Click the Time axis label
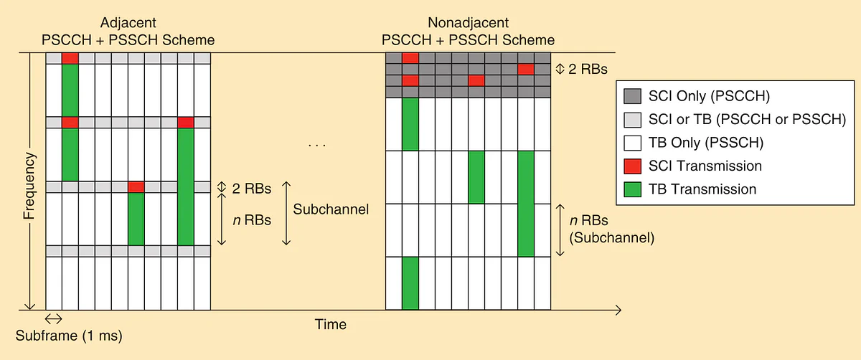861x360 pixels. click(x=331, y=324)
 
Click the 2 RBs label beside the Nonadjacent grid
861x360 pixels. click(x=588, y=70)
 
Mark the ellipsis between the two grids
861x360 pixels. click(x=316, y=146)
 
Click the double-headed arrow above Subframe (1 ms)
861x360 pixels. click(x=54, y=318)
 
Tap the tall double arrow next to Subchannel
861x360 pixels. click(x=286, y=213)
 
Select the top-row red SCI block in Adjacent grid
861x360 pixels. click(x=70, y=58)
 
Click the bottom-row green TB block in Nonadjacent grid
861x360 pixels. click(x=410, y=283)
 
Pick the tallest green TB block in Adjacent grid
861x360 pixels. click(x=186, y=187)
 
